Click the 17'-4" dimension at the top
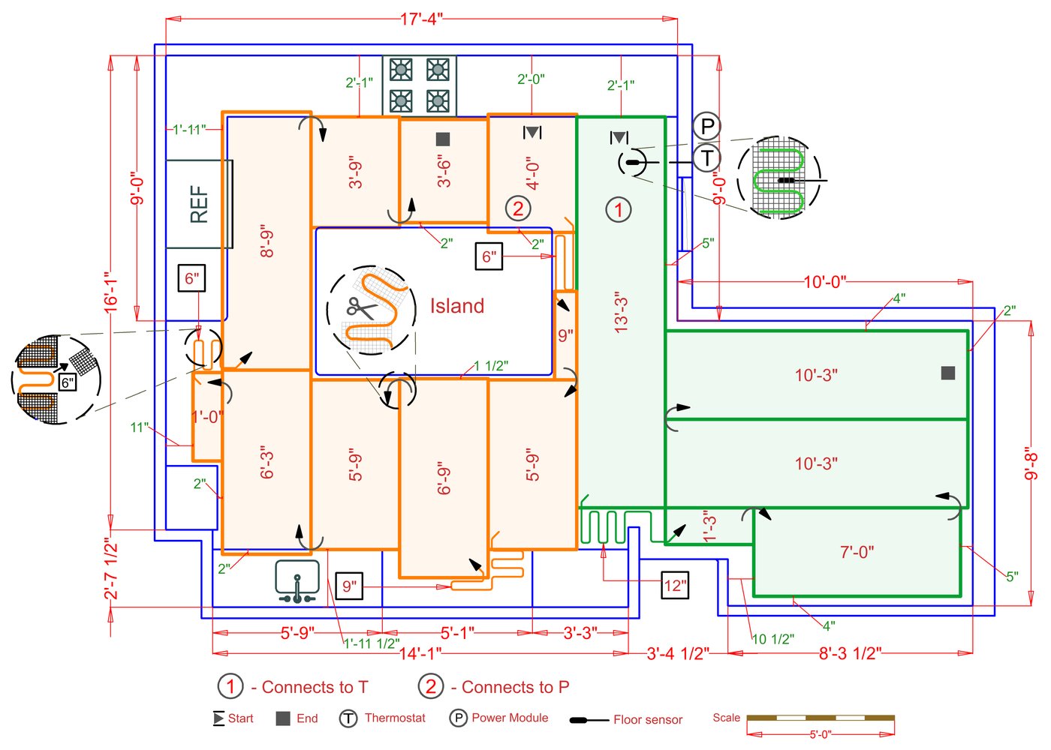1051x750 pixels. [x=421, y=19]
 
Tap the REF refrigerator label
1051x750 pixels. [x=199, y=205]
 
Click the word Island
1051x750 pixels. [x=456, y=306]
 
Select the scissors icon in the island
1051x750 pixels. [x=360, y=307]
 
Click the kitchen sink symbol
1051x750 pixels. [x=297, y=581]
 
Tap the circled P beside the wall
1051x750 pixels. [x=706, y=126]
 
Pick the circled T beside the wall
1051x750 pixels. [x=706, y=158]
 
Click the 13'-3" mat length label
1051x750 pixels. [x=621, y=313]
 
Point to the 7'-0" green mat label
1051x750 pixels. [x=857, y=553]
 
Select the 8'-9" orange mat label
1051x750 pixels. [x=267, y=241]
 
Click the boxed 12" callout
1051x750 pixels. [x=675, y=586]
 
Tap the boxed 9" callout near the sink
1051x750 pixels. [x=349, y=586]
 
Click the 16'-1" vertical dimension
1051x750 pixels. [x=111, y=292]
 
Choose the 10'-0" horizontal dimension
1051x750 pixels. [x=824, y=282]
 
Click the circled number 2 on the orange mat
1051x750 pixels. [x=517, y=208]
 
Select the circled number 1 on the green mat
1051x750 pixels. [x=619, y=209]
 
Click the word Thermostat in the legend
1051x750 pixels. [x=395, y=718]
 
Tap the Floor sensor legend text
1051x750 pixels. [x=648, y=720]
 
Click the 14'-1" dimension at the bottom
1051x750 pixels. [x=420, y=653]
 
